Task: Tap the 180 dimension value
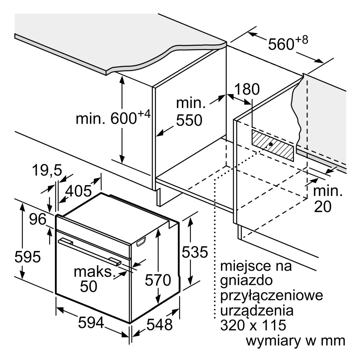tap(247, 89)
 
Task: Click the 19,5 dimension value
tap(47, 170)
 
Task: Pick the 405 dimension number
tap(79, 191)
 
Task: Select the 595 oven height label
tap(27, 257)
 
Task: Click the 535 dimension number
tap(195, 252)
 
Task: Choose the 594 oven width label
tap(91, 322)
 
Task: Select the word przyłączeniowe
tap(271, 297)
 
